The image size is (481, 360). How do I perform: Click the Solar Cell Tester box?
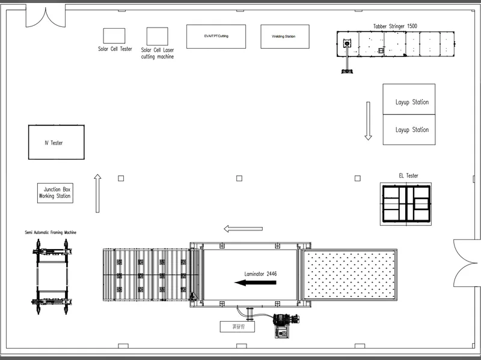point(114,35)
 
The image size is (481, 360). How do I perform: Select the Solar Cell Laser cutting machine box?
point(157,35)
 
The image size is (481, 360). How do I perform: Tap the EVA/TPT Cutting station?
point(216,37)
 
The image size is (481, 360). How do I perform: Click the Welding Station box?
point(284,37)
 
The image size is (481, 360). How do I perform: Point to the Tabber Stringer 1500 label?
point(395,26)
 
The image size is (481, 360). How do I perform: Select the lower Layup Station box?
point(409,129)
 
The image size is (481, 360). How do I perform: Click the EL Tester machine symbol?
point(407,203)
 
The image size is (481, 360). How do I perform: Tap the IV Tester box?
point(57,142)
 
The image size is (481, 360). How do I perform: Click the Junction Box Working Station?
point(55,193)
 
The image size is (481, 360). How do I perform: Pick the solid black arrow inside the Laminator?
point(256,283)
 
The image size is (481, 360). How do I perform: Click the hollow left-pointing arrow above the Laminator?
point(243,229)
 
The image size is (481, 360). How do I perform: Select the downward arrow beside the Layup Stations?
point(368,121)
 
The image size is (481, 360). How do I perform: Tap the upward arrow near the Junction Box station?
point(97,193)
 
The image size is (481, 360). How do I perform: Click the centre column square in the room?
point(239,178)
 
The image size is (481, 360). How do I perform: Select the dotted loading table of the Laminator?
point(348,275)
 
